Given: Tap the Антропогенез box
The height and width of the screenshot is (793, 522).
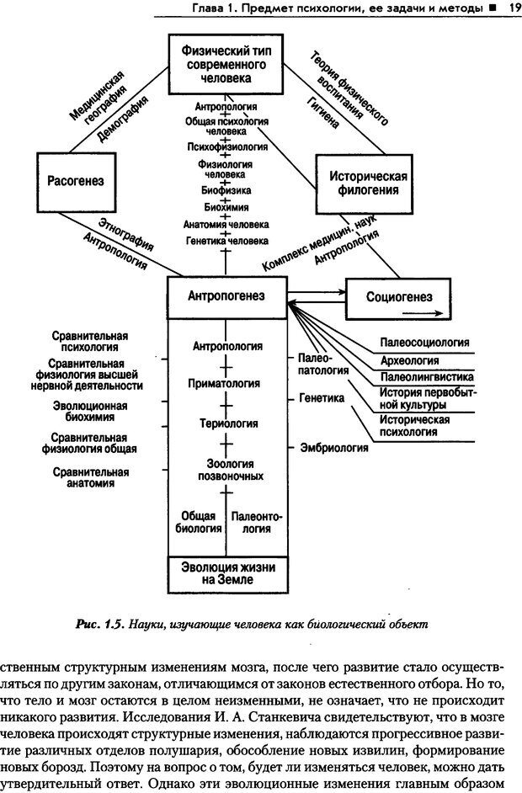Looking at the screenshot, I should [226, 295].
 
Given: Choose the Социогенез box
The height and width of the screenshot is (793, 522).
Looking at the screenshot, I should [400, 298].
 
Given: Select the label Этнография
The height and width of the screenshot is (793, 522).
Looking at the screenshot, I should [125, 234].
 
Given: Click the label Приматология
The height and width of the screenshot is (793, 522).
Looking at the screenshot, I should [227, 384].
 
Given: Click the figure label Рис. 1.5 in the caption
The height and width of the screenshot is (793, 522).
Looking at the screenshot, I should [100, 625].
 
